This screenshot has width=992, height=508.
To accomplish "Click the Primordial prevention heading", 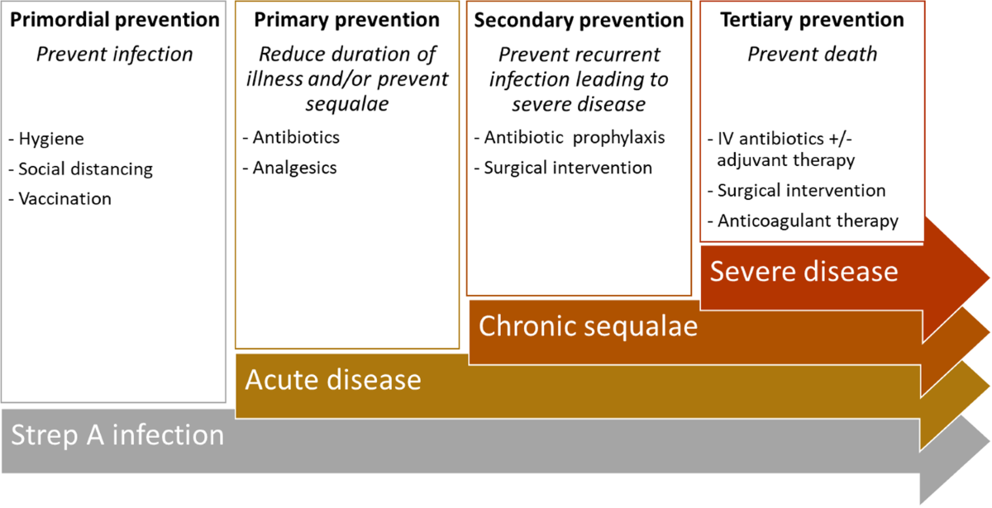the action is [x=115, y=20].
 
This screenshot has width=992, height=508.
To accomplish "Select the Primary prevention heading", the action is [x=346, y=20].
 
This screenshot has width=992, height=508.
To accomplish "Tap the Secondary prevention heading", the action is [x=579, y=21].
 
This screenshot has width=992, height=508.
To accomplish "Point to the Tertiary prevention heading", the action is [x=812, y=20].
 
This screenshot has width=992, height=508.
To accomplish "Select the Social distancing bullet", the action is [x=81, y=169].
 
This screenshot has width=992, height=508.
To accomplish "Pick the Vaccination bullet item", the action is [x=60, y=199].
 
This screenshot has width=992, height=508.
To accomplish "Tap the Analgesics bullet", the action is [x=290, y=168].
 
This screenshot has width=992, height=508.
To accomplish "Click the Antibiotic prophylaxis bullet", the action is [x=570, y=138].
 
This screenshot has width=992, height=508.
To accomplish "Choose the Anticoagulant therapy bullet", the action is [x=804, y=221].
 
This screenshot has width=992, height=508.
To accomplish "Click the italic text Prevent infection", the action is [x=115, y=55].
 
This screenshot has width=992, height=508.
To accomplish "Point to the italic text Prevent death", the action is [x=812, y=55].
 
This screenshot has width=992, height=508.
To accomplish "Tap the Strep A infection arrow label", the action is [x=117, y=435].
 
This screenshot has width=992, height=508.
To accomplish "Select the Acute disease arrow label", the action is [x=333, y=380].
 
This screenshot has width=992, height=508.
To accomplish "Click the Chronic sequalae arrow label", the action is [x=588, y=326].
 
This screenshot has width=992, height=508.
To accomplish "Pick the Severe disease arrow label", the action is [x=804, y=271].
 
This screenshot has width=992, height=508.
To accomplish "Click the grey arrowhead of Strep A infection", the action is [x=954, y=460].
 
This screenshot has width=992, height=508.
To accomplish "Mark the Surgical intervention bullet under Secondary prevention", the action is [x=563, y=168].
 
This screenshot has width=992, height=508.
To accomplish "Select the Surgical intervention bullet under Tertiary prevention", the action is [x=797, y=191].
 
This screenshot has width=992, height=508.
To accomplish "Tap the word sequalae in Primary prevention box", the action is [x=347, y=104].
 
